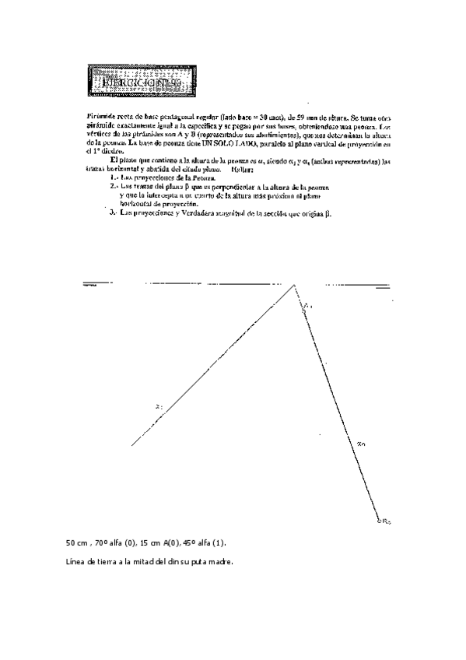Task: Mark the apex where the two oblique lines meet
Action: click(x=295, y=286)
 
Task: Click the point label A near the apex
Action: click(x=307, y=307)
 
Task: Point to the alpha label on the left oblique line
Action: click(x=159, y=405)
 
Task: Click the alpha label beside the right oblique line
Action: click(x=361, y=444)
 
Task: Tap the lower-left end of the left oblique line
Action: click(x=133, y=445)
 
